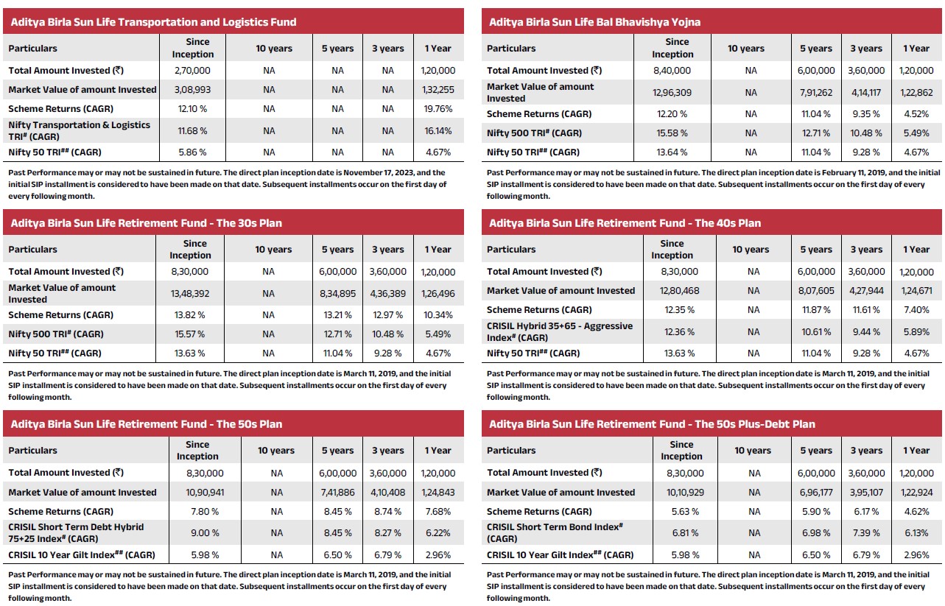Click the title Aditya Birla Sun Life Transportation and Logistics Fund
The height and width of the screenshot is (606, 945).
pyautogui.click(x=153, y=22)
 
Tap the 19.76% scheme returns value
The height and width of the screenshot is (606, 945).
pyautogui.click(x=438, y=109)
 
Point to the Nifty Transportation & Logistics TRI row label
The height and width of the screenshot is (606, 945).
pyautogui.click(x=79, y=131)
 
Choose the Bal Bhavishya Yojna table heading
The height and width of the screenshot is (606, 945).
pyautogui.click(x=594, y=22)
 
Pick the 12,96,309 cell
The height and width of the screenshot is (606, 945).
pyautogui.click(x=671, y=93)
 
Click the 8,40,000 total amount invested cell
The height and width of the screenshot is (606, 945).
pyautogui.click(x=671, y=71)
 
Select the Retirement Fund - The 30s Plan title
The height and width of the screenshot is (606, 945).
pyautogui.click(x=146, y=223)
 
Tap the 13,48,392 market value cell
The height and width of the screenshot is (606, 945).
pyautogui.click(x=190, y=294)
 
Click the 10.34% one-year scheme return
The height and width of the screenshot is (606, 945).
pyautogui.click(x=438, y=315)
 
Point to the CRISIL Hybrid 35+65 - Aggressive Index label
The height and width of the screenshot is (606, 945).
pyautogui.click(x=559, y=331)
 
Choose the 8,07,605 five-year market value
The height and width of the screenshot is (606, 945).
pyautogui.click(x=816, y=291)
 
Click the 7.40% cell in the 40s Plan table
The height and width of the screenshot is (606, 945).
pyautogui.click(x=916, y=310)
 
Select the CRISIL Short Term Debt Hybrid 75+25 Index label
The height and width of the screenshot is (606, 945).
pyautogui.click(x=76, y=532)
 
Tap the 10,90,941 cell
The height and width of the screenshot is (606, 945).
pyautogui.click(x=197, y=492)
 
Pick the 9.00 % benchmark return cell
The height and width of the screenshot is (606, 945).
pyautogui.click(x=197, y=532)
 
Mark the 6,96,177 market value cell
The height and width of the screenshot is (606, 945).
pyautogui.click(x=816, y=492)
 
